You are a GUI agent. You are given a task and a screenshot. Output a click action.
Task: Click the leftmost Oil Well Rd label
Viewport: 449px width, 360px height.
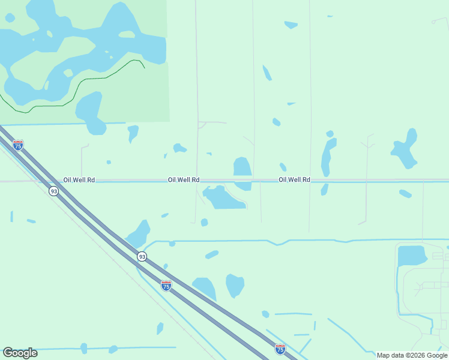point(79,180)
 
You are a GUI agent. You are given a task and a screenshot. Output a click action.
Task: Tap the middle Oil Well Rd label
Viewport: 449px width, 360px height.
point(184,179)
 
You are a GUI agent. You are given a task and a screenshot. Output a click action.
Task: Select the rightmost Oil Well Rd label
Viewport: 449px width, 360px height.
point(294,179)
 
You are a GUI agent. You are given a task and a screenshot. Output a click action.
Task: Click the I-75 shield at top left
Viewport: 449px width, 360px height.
point(18,145)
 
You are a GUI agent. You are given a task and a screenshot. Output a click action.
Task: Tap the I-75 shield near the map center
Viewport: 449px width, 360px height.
point(166,286)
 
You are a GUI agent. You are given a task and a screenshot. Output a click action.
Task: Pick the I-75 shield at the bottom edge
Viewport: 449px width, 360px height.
point(280,348)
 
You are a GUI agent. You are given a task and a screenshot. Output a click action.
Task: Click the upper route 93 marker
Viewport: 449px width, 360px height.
point(54,191)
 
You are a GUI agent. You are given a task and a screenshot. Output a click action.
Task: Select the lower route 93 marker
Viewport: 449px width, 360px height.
point(142,256)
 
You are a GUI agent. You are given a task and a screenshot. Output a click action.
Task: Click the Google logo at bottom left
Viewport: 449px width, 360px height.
point(20,353)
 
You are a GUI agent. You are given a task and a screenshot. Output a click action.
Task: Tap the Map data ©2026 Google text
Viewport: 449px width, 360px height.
point(412,355)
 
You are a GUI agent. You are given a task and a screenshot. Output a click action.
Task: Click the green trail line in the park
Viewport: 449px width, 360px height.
point(90,79)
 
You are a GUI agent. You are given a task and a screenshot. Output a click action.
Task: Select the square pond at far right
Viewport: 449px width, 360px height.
point(411,256)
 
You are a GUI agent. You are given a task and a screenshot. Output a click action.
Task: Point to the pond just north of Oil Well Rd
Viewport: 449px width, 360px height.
point(242,166)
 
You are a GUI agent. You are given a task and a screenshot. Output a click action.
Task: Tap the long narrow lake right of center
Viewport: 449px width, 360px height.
point(327,157)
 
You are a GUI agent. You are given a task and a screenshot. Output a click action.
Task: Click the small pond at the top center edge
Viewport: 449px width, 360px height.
point(291,25)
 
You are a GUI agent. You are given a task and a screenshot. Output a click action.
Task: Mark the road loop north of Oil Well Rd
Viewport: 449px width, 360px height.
point(202,125)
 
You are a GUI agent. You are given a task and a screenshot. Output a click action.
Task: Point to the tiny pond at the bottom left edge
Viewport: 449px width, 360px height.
point(83,348)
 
